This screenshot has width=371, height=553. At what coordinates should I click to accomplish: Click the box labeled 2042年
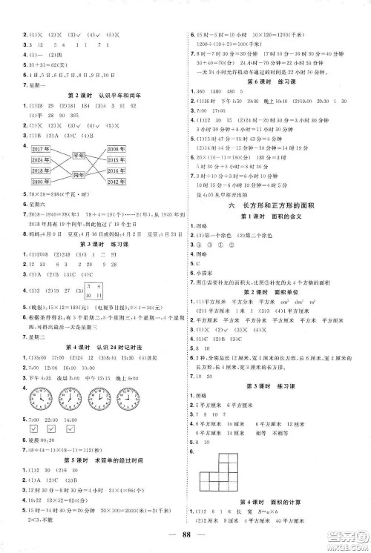pyautogui.click(x=119, y=182)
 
